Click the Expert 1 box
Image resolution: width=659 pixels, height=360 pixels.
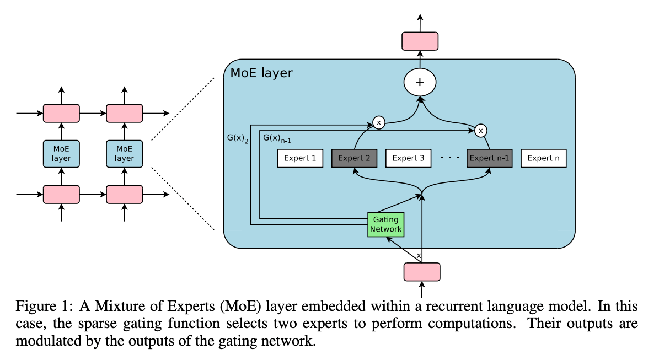pyautogui.click(x=300, y=158)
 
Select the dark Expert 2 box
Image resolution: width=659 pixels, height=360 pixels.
pyautogui.click(x=354, y=158)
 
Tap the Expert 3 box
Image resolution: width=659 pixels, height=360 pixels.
pyautogui.click(x=409, y=158)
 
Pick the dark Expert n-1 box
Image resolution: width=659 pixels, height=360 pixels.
pyautogui.click(x=490, y=158)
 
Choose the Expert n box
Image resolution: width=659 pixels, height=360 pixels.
pyautogui.click(x=543, y=158)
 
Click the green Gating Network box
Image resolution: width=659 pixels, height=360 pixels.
pyautogui.click(x=386, y=224)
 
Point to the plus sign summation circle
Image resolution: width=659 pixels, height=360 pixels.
pyautogui.click(x=420, y=82)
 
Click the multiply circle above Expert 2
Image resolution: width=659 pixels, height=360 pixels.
pyautogui.click(x=379, y=122)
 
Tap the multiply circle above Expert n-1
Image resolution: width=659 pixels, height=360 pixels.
pyautogui.click(x=481, y=131)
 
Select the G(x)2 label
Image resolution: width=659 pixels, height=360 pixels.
pyautogui.click(x=238, y=138)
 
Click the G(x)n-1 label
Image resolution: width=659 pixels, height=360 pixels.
pyautogui.click(x=277, y=138)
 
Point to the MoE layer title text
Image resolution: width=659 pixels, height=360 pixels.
pyautogui.click(x=261, y=73)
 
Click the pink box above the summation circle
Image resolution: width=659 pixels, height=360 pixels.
pyautogui.click(x=420, y=41)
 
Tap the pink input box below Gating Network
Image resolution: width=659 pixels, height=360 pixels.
pyautogui.click(x=422, y=272)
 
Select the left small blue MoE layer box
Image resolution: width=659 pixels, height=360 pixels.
pyautogui.click(x=61, y=154)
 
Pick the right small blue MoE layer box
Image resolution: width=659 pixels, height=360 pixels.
pyautogui.click(x=125, y=154)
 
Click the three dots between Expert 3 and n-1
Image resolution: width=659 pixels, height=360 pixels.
pyautogui.click(x=449, y=158)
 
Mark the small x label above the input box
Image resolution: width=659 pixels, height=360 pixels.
pyautogui.click(x=419, y=255)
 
